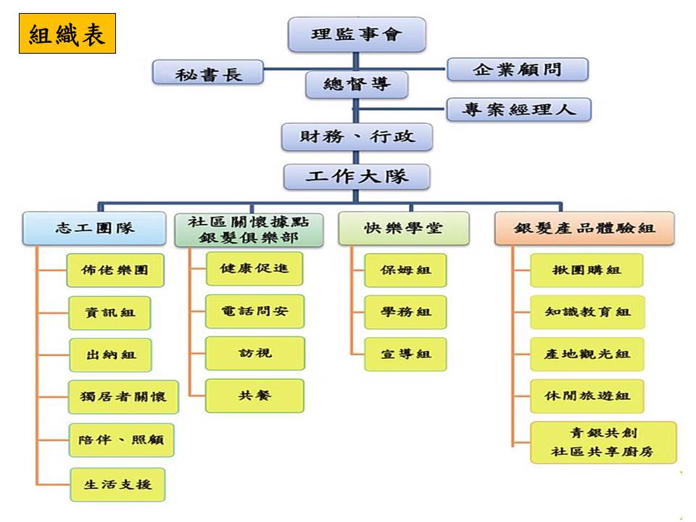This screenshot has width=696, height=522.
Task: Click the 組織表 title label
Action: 67,34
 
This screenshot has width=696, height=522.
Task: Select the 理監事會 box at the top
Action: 356,34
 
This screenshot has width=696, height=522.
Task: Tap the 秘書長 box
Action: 209,73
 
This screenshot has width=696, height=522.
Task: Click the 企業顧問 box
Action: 518,70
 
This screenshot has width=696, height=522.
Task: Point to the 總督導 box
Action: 356,85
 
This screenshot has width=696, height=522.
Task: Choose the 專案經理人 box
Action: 519,109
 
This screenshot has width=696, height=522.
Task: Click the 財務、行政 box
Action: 357,136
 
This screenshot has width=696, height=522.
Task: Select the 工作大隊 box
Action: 357,176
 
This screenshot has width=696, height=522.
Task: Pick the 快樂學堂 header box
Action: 403,228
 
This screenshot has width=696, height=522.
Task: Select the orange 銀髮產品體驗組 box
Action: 584,228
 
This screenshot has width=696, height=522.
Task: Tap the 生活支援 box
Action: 117,484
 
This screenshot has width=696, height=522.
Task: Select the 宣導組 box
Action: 405,355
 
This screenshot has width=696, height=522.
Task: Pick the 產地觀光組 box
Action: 587,355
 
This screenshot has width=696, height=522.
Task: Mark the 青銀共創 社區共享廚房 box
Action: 602,442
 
